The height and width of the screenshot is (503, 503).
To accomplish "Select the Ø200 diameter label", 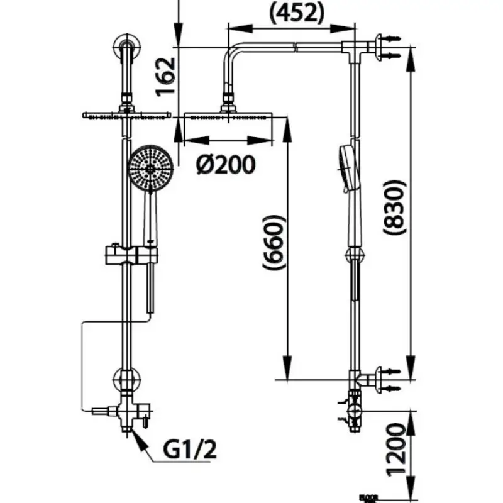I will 224,165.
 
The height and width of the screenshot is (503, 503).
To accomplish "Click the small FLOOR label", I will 366,496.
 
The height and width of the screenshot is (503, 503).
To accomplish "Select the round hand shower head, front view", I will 148,168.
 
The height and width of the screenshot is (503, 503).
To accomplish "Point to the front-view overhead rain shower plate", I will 127,115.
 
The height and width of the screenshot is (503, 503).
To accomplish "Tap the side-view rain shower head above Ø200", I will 228,116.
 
